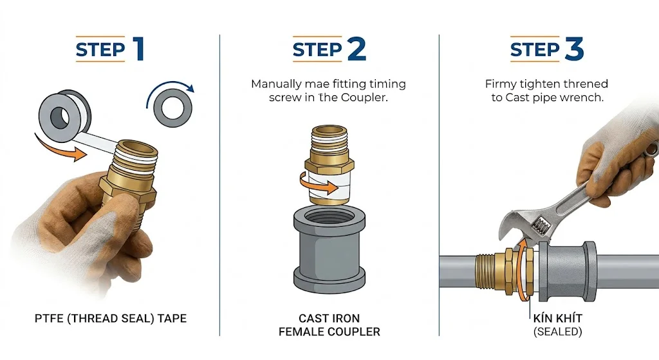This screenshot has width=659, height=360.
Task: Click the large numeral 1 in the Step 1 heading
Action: point(139,49)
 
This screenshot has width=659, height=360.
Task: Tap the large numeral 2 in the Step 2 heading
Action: point(357,49)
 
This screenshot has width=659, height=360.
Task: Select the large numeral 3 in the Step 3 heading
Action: point(574,49)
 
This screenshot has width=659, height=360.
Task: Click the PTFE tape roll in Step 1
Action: point(65,116)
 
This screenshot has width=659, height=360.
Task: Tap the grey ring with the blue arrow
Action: point(172,108)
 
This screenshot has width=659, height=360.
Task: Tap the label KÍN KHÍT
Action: point(558,318)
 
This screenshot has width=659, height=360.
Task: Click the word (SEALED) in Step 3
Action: point(558,332)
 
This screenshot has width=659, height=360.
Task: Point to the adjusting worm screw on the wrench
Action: point(541,229)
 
